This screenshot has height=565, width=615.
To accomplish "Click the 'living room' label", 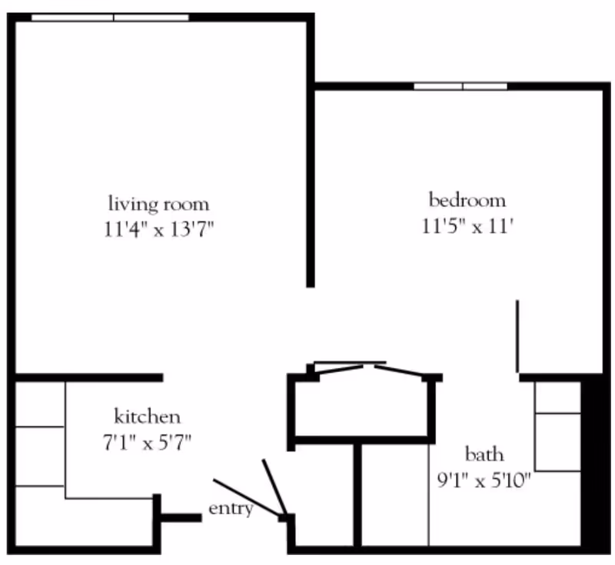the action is tap(159, 204).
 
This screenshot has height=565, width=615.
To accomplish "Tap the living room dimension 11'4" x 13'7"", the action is tap(159, 229).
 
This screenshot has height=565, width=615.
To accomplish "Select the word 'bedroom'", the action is tap(467, 200).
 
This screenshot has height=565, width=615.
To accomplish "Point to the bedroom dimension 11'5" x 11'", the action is tap(467, 226).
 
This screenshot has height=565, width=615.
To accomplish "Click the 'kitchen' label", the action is tap(148, 416).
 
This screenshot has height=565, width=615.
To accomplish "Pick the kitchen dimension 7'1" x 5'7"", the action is tap(148, 443).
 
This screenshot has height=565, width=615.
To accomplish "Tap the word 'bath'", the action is tap(484, 454).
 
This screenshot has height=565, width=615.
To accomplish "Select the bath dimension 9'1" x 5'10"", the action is tap(484, 480).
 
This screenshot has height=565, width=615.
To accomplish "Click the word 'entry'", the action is tap(231, 509).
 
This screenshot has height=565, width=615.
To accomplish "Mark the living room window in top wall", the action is tap(110, 18).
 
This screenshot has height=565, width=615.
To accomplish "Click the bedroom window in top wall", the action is tap(460, 86).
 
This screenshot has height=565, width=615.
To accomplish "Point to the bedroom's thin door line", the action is tap(517, 336).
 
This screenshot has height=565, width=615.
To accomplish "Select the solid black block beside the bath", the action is tap(595, 464).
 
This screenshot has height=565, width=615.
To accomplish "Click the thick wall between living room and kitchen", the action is tap(89, 377).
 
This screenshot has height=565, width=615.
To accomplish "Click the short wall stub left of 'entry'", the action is tap(181, 518).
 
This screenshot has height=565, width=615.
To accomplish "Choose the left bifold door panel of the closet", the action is tap(338, 370).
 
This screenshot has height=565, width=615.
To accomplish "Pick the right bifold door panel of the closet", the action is tap(398, 371).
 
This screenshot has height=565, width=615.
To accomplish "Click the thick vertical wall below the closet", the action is tap(357, 495).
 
